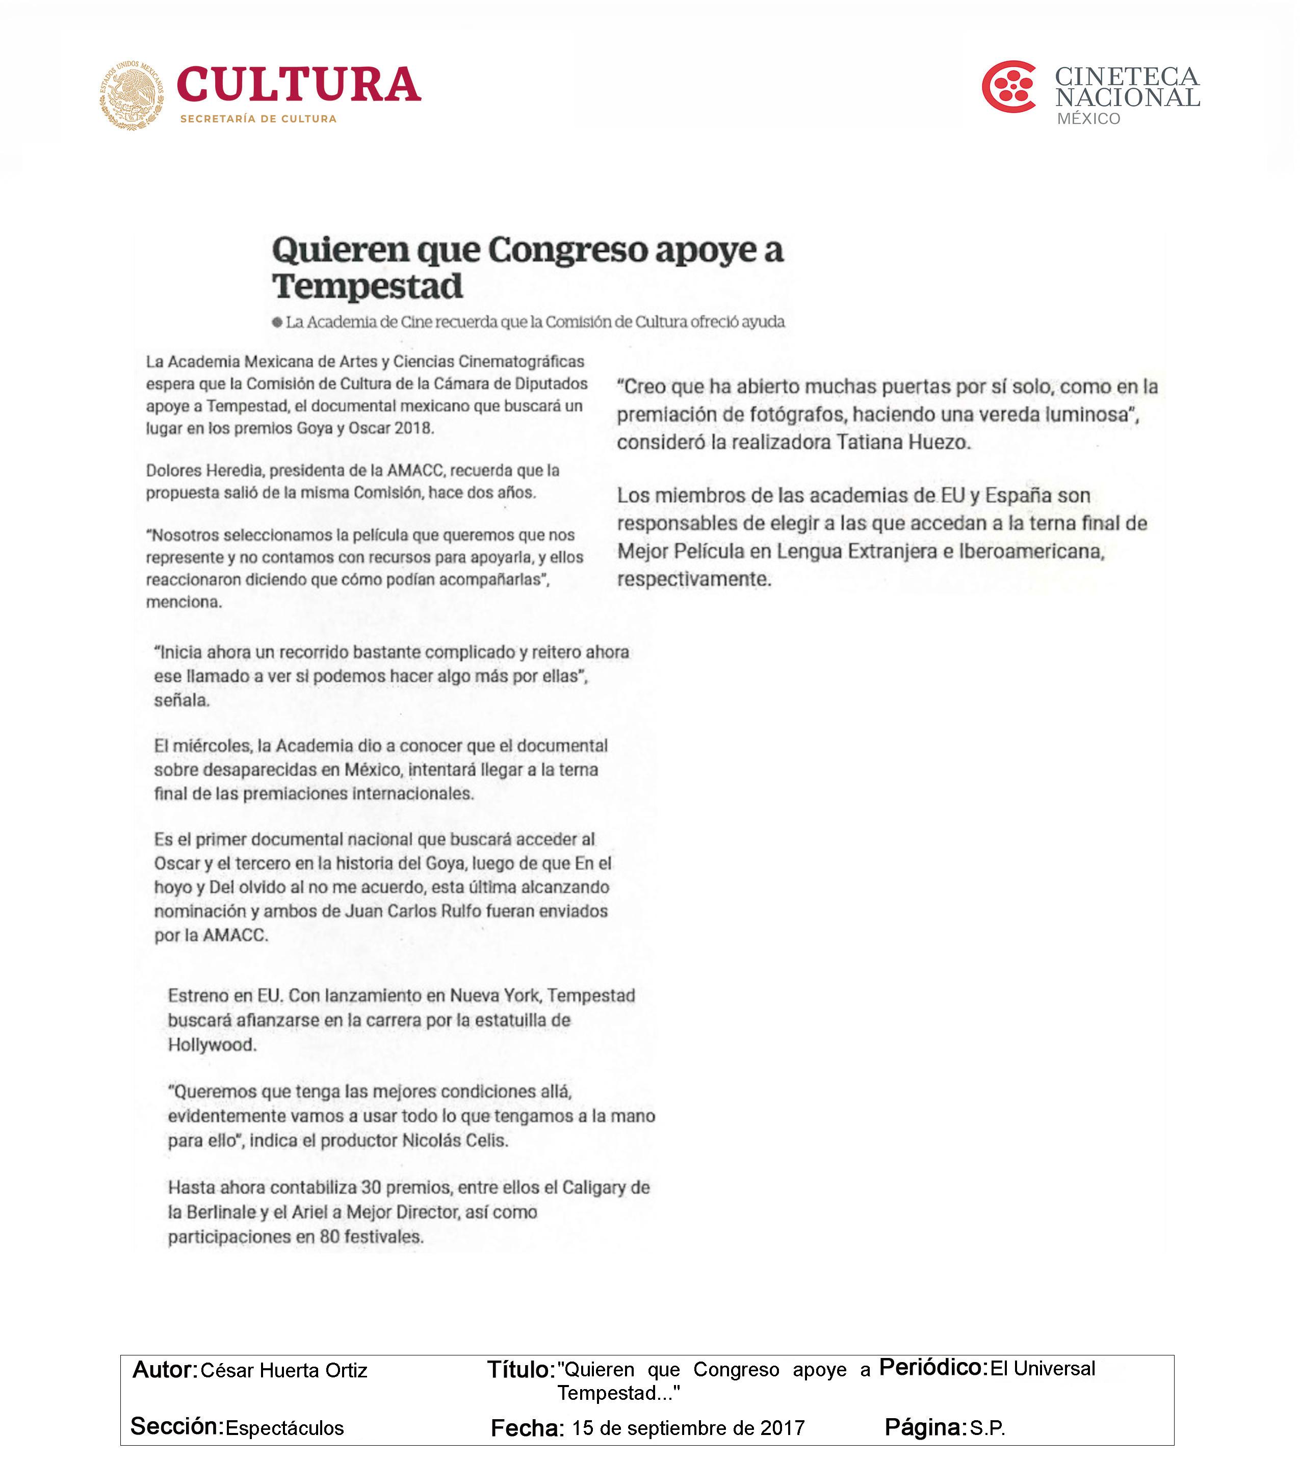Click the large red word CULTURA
click(x=298, y=85)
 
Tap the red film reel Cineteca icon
click(x=1009, y=87)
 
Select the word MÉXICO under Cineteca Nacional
click(x=1088, y=119)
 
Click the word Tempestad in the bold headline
click(x=368, y=287)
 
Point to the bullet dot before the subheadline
click(x=277, y=322)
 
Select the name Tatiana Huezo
click(x=903, y=443)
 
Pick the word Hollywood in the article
click(x=211, y=1044)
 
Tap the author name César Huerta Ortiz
click(x=284, y=1370)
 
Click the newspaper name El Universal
click(x=1042, y=1368)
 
